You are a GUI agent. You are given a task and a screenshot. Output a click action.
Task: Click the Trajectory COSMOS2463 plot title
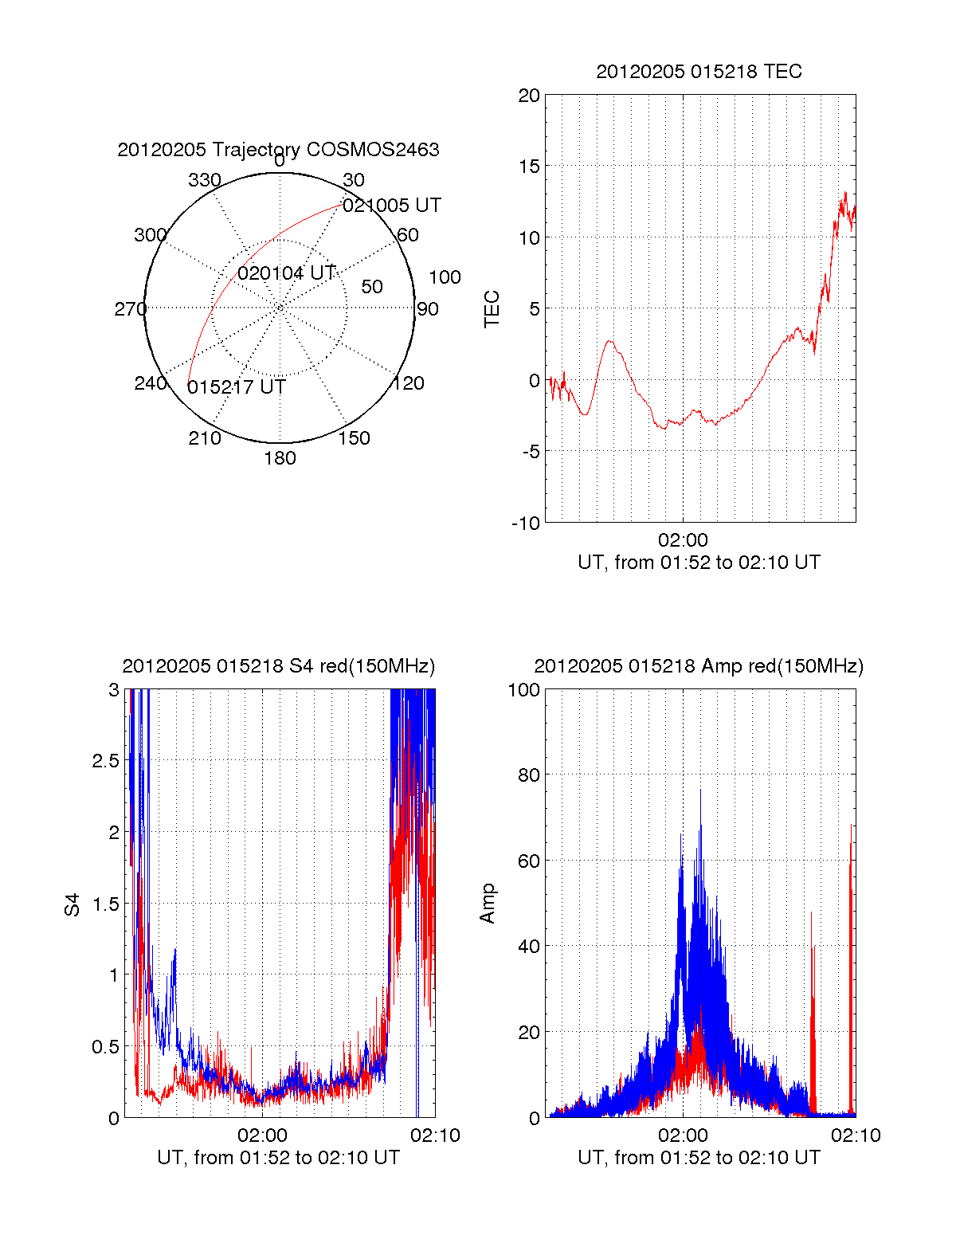coord(278,150)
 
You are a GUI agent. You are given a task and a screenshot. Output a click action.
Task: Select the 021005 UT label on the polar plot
coord(391,206)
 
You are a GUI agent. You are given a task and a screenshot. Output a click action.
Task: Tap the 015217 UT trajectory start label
coord(236,387)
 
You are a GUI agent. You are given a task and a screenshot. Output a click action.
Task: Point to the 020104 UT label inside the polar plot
coord(286,273)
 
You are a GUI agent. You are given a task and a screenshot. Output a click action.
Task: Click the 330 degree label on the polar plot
coord(204,180)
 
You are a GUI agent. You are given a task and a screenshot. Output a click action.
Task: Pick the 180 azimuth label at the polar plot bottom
coord(280,458)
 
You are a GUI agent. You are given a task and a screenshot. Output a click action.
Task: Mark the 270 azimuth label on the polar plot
coord(130,309)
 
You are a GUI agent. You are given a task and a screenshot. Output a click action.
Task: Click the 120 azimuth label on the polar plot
coord(408,383)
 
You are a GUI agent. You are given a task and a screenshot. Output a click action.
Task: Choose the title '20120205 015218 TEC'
coord(699,72)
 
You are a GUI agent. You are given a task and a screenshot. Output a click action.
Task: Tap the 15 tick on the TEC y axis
coord(529,167)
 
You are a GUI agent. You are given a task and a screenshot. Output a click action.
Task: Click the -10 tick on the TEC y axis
coord(526,524)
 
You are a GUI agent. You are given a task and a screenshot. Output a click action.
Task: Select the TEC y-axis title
coord(492,309)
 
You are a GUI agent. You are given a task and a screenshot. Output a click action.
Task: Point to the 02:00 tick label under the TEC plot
coord(683,541)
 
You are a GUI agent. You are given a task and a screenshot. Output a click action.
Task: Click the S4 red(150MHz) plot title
coord(278,666)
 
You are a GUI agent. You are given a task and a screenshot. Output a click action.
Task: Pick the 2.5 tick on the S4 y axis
coord(106,761)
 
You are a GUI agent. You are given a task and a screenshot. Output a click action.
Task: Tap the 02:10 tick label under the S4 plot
coord(435,1135)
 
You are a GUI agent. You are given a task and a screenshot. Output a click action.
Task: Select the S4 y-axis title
coord(72,904)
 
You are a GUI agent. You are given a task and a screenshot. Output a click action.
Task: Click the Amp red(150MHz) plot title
coord(699,666)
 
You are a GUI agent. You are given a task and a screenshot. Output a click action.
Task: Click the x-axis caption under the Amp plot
coord(699,1158)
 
